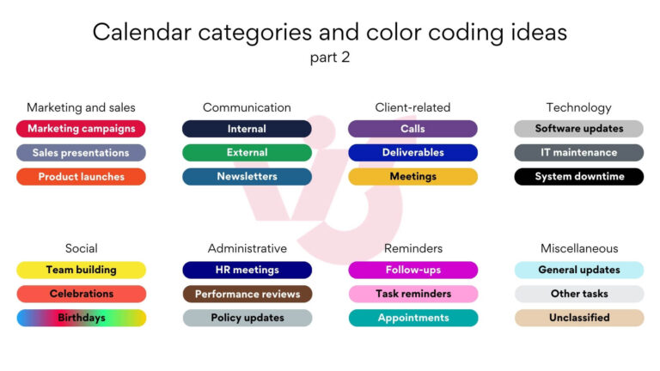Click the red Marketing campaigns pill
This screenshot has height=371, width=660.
[x=81, y=129]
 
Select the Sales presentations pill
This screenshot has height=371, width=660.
[x=81, y=153]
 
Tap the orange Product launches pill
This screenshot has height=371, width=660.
[x=81, y=177]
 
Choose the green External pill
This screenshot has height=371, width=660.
[x=247, y=153]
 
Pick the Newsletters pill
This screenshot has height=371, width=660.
[x=247, y=177]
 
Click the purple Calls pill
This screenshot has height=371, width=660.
[x=412, y=129]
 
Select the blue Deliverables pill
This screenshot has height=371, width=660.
[x=412, y=153]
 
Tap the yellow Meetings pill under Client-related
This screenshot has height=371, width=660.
[x=412, y=177]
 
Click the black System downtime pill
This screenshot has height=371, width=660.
[x=578, y=177]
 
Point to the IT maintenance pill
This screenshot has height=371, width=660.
[x=578, y=153]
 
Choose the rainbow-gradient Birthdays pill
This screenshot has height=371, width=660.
[x=81, y=318]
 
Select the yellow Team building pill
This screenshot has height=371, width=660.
[x=81, y=270]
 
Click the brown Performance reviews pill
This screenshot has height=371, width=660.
[x=247, y=294]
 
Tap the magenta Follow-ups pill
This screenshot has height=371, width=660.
[x=412, y=270]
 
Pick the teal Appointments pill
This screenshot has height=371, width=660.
[x=412, y=318]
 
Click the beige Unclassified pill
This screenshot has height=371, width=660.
[x=578, y=318]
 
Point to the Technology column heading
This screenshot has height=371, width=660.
[x=578, y=107]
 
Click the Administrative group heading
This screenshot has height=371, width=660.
[x=247, y=248]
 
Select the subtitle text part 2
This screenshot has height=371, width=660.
[x=330, y=58]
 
